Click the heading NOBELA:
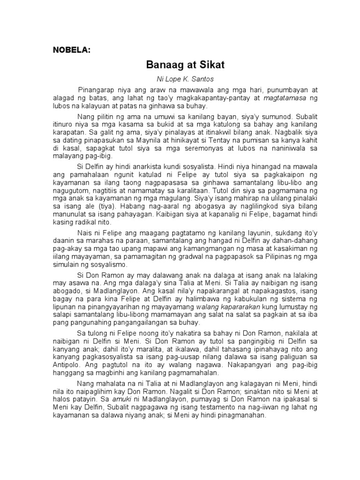point(70,51)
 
